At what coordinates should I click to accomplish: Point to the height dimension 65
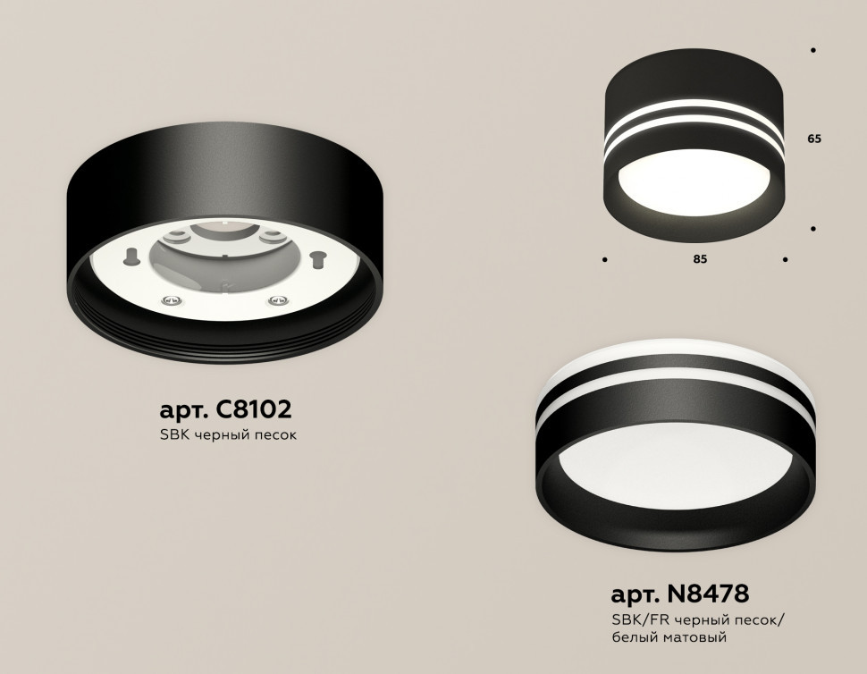point(812,139)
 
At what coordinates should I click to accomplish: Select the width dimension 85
point(700,259)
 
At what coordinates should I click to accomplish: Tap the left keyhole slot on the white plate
point(132,257)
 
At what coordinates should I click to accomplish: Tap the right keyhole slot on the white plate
point(316,259)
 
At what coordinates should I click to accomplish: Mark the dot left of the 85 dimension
point(605,260)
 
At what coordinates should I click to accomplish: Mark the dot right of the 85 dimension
point(785,260)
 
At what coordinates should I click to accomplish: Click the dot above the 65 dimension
point(812,51)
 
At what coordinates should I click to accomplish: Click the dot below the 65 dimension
point(812,229)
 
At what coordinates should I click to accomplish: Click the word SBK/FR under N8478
point(634,620)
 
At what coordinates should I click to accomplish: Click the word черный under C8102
point(221,436)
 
